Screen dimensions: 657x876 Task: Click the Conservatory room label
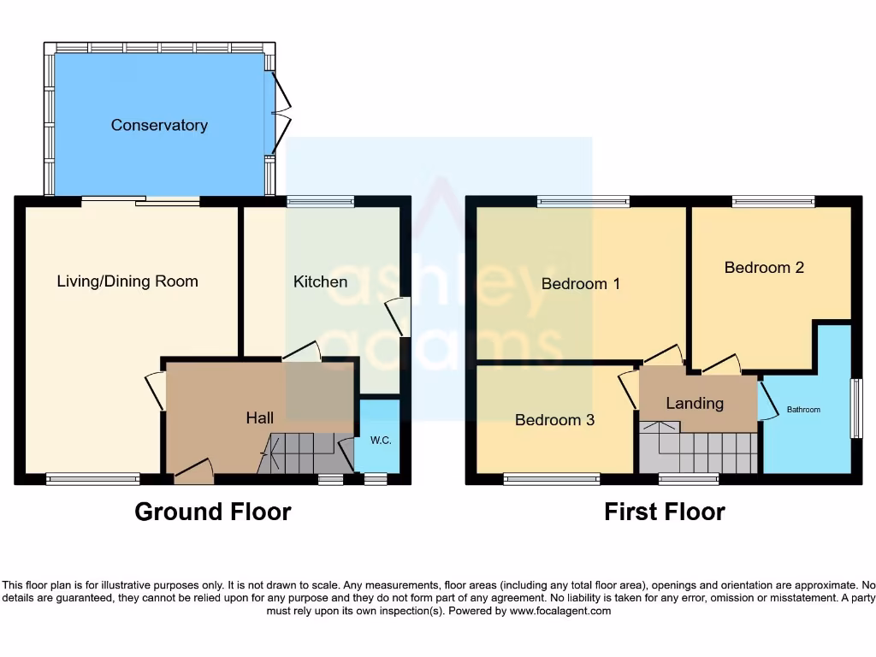(x=159, y=125)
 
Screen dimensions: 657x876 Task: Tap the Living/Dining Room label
(x=127, y=281)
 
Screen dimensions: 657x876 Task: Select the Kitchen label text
(x=320, y=281)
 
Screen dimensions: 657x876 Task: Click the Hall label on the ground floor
(x=260, y=417)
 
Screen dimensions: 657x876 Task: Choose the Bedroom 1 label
(x=580, y=283)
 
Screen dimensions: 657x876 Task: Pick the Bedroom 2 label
(x=764, y=267)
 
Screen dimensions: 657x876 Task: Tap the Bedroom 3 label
(x=554, y=420)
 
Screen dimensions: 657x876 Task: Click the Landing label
(x=695, y=403)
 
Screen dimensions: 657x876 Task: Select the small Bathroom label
(x=803, y=410)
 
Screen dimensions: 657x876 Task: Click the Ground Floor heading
(x=213, y=512)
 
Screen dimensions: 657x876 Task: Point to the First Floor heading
(x=665, y=512)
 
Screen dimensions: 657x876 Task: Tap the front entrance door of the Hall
(x=194, y=470)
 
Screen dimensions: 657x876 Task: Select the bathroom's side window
(x=855, y=408)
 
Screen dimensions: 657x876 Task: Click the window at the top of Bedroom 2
(x=773, y=202)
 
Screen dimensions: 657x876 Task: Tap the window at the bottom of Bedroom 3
(x=552, y=479)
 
